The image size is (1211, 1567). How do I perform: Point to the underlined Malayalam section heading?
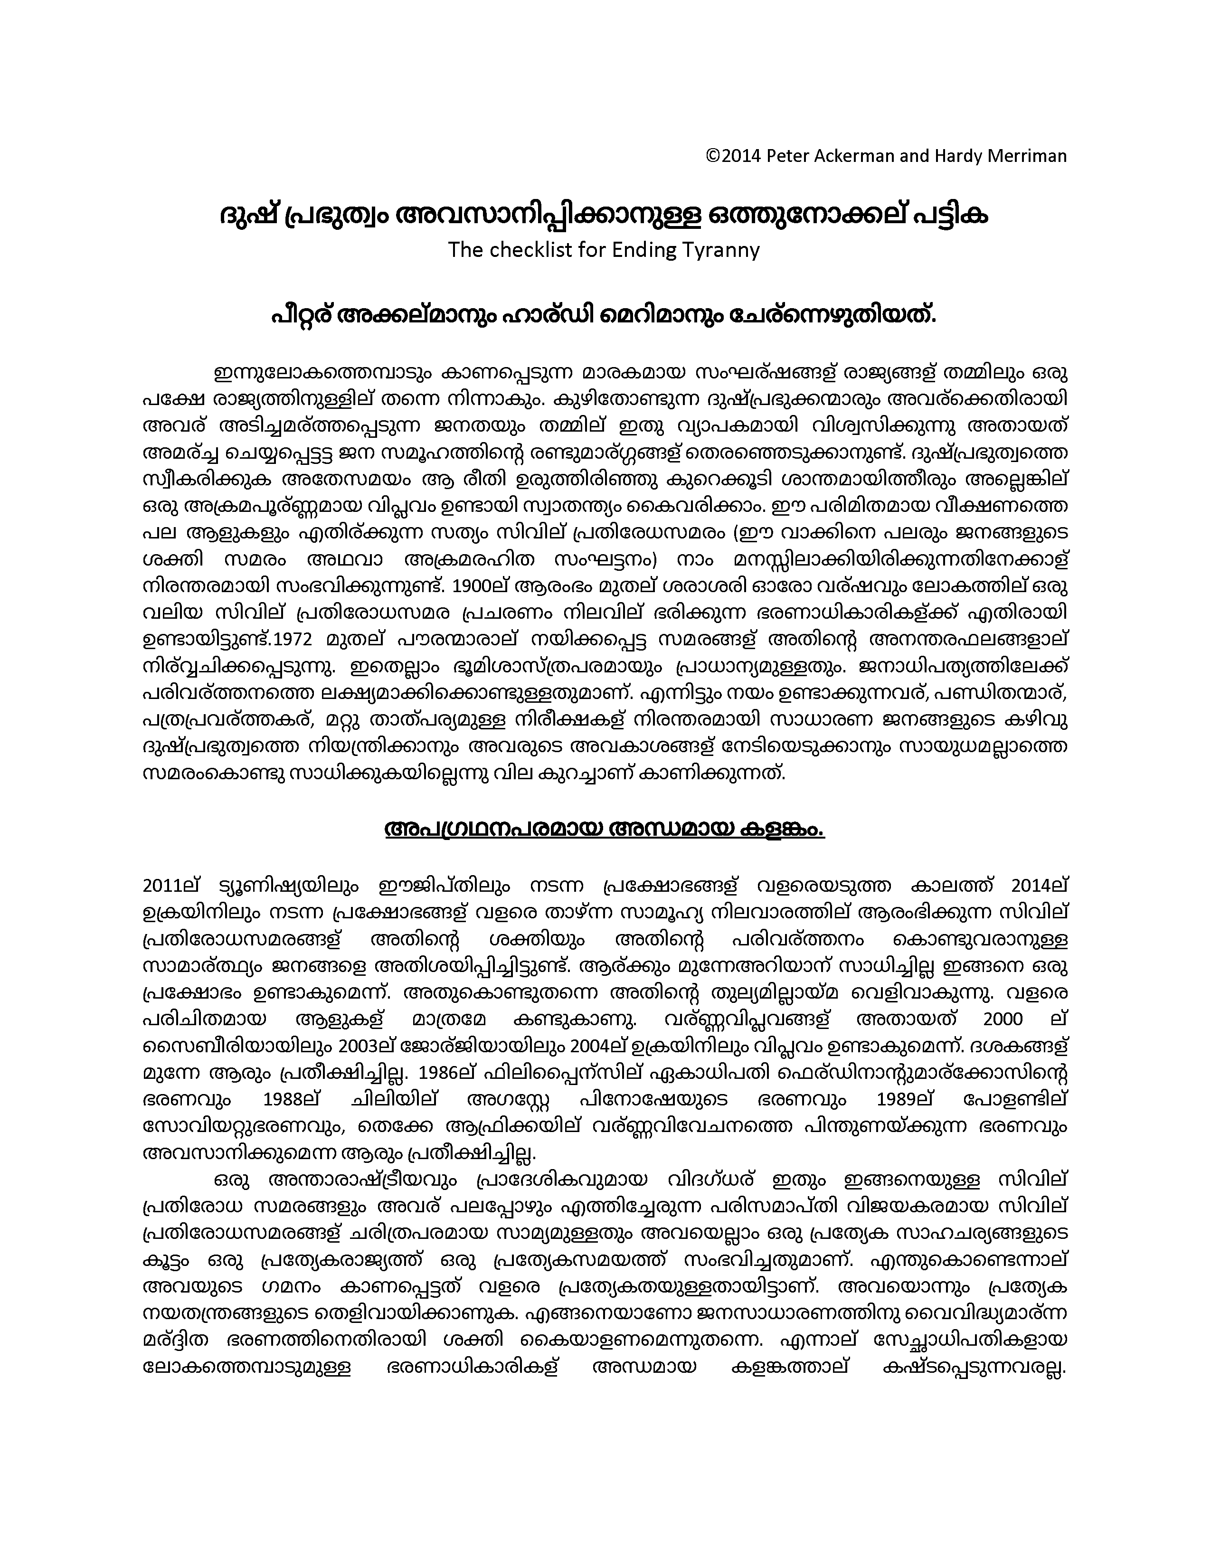[604, 830]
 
